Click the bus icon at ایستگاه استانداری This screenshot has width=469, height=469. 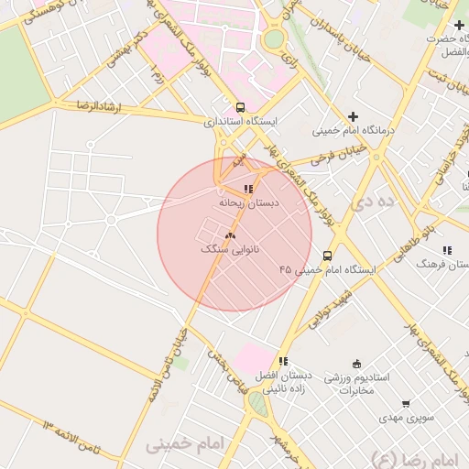pos(240,106)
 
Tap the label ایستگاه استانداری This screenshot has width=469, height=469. pos(246,120)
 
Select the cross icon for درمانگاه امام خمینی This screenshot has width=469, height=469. pos(353,116)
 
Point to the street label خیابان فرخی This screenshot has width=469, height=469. pos(338,154)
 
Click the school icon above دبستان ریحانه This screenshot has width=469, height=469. pos(248,189)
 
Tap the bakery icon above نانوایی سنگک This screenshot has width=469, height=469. pos(229,236)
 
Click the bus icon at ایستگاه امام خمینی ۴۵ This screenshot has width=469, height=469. pos(327,256)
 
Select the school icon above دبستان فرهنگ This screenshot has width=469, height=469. pos(447,250)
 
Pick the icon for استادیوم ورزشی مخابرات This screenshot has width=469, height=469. pos(356,364)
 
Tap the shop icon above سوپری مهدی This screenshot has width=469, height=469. pos(406,404)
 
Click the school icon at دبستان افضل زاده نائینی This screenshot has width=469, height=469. pos(284,362)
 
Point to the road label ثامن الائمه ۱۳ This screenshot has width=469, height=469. pos(81,434)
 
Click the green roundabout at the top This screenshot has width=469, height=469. pos(274,39)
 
